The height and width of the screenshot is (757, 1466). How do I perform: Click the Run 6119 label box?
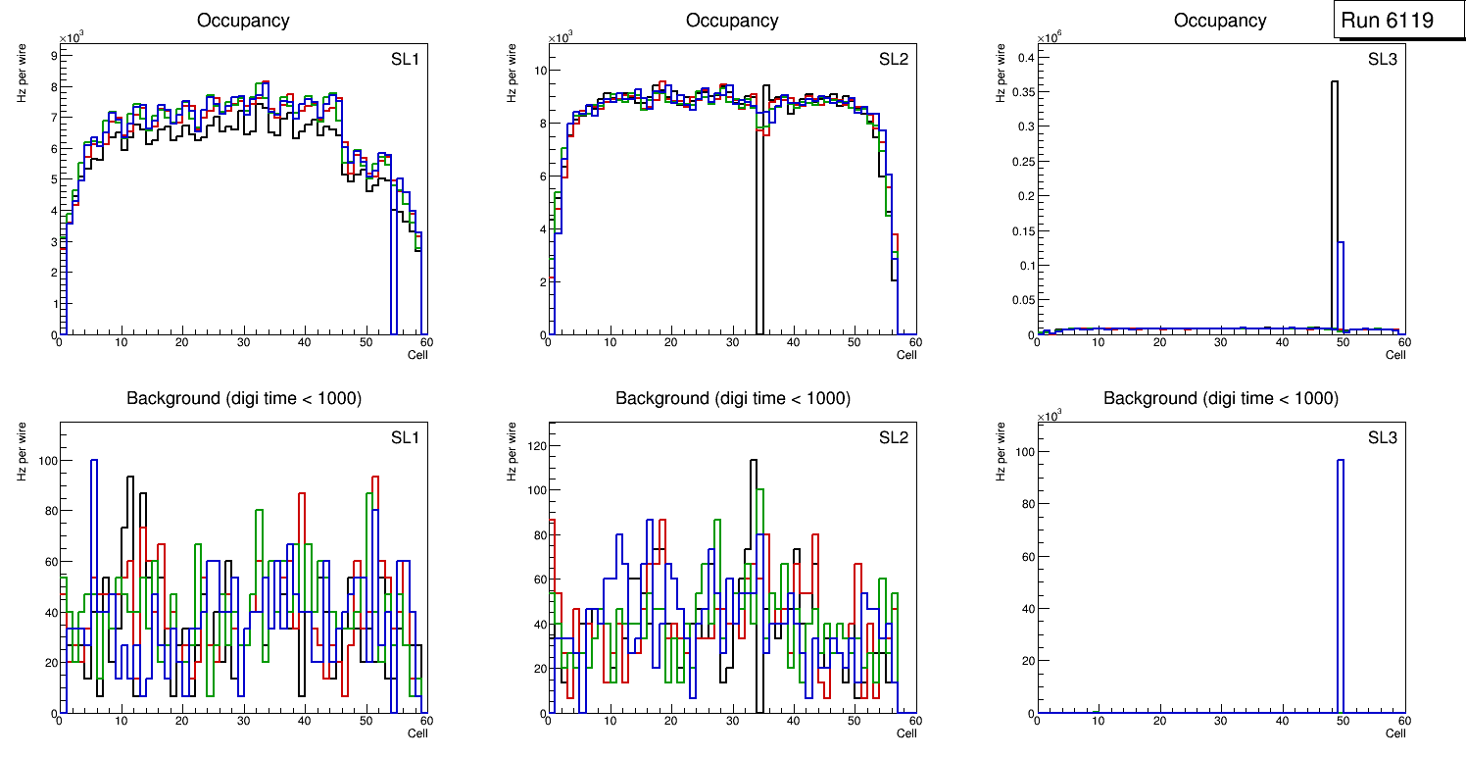tap(1387, 20)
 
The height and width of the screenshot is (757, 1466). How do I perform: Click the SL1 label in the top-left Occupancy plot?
tap(405, 60)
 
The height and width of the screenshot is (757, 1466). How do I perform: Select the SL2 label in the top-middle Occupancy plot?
tap(894, 60)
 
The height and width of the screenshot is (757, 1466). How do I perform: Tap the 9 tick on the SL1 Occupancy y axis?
tap(53, 55)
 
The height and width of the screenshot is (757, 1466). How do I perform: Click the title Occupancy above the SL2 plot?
tap(732, 21)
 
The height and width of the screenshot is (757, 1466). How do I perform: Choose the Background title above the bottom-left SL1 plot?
tap(243, 398)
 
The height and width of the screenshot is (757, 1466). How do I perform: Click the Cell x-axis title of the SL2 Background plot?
tap(906, 732)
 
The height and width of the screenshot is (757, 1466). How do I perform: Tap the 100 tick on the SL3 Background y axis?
tap(1021, 452)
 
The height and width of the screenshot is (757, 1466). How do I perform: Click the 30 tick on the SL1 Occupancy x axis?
tap(243, 342)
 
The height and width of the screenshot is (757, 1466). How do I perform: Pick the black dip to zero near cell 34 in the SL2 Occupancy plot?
tap(759, 324)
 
